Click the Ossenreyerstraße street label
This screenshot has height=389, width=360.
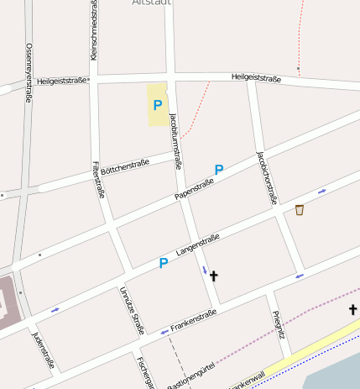[29, 72]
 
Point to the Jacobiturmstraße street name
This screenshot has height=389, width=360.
[176, 139]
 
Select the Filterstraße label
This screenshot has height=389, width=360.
[99, 179]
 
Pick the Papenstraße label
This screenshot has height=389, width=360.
[195, 190]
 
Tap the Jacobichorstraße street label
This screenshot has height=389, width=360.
[266, 177]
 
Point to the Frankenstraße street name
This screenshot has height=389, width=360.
[193, 319]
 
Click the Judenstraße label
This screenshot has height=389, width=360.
[43, 350]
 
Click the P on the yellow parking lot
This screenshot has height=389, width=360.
[157, 105]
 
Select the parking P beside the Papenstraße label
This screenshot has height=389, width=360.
[219, 170]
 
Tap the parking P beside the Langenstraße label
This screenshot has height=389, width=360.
[164, 264]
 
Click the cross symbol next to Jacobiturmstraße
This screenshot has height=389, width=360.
[213, 276]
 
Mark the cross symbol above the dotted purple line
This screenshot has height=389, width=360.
[353, 310]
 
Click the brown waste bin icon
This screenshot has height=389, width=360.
[300, 209]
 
